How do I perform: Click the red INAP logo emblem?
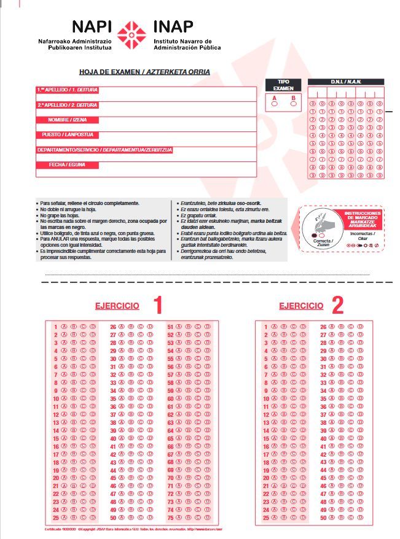pos(131,34)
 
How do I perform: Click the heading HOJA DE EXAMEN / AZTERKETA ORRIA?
pos(144,72)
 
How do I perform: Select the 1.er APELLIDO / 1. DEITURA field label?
pos(67,90)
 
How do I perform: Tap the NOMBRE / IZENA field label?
pos(67,120)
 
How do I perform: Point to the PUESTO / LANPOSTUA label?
pos(67,134)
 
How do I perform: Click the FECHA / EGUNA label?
pos(67,165)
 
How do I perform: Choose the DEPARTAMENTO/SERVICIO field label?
pos(104,150)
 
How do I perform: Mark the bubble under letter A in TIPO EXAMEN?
pos(274,104)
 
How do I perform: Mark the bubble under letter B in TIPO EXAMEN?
pos(293,104)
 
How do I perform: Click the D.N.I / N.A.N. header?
pos(345,82)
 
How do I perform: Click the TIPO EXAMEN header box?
pos(283,85)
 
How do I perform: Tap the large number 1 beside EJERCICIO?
pos(157,305)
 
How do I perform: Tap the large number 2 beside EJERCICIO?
pos(337,305)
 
